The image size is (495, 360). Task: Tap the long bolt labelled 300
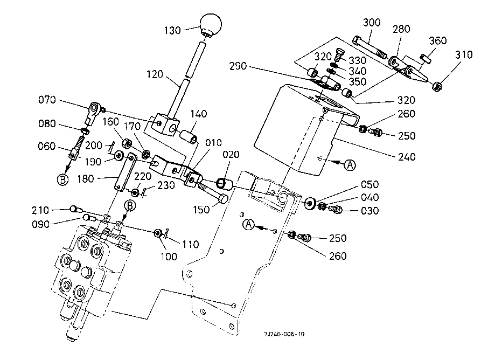click(x=368, y=47)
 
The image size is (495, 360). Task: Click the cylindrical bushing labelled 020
click(x=224, y=185)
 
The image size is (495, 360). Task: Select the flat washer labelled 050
click(x=310, y=204)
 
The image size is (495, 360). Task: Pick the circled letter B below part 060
click(x=63, y=180)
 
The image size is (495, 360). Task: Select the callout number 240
click(x=407, y=158)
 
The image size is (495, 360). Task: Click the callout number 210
click(x=56, y=209)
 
